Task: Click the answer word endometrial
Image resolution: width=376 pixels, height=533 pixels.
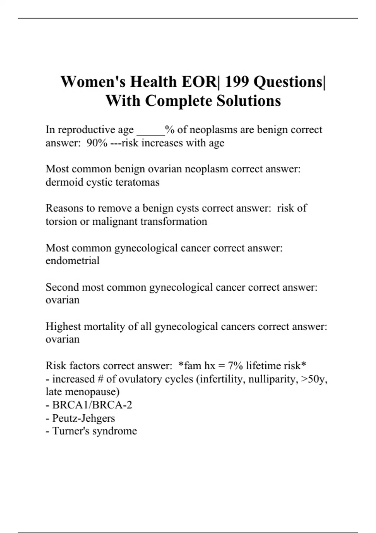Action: (x=72, y=261)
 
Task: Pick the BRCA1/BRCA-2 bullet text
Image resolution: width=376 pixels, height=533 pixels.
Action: (x=92, y=405)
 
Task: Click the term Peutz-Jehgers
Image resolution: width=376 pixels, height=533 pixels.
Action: (x=83, y=418)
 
